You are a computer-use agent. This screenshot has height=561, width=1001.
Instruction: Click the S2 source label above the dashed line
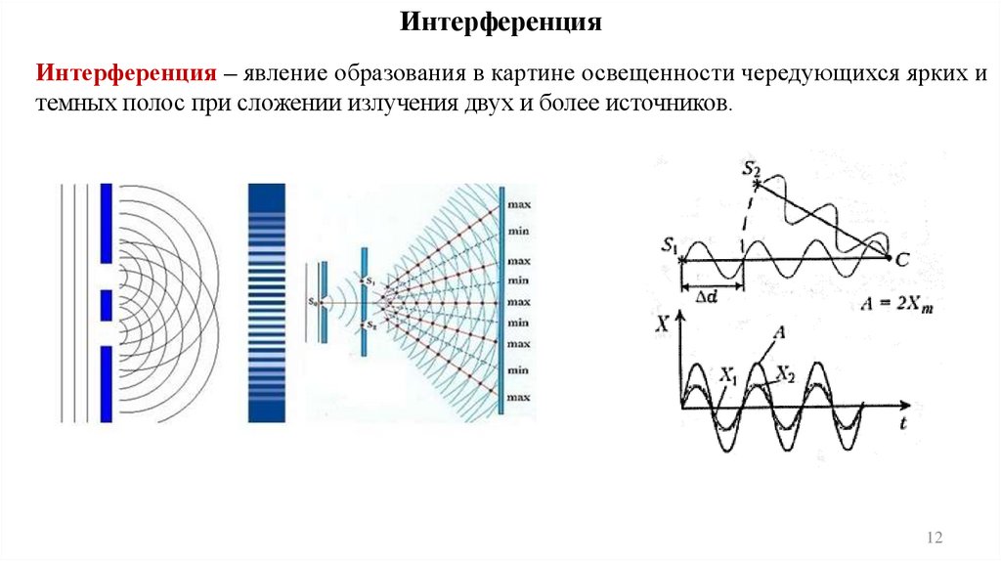[751, 168]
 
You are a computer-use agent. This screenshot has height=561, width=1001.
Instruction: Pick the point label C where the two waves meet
[899, 259]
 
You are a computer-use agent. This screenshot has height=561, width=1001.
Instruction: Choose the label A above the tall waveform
[780, 332]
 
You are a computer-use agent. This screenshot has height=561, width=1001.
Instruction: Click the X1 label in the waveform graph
[726, 372]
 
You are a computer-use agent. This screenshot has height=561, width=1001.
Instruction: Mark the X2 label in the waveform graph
[784, 372]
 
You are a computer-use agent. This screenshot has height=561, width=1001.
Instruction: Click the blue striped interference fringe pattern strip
[266, 303]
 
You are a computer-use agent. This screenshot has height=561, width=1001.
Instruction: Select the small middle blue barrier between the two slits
[106, 305]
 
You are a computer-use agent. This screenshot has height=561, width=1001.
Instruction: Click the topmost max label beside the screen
[518, 205]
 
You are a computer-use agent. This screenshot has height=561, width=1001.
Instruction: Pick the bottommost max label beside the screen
[518, 398]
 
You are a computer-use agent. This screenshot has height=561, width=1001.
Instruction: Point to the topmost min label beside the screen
[518, 232]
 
